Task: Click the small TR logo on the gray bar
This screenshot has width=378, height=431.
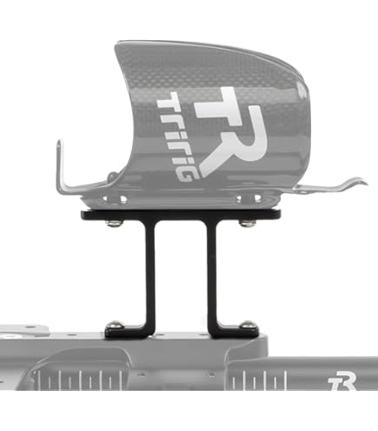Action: pyautogui.click(x=342, y=384)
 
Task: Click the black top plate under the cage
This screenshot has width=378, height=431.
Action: pyautogui.click(x=181, y=214)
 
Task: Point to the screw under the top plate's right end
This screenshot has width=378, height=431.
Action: pyautogui.click(x=247, y=223)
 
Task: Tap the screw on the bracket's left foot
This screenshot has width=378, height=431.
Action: pyautogui.click(x=115, y=323)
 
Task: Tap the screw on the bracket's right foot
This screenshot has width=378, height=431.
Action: pyautogui.click(x=247, y=323)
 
